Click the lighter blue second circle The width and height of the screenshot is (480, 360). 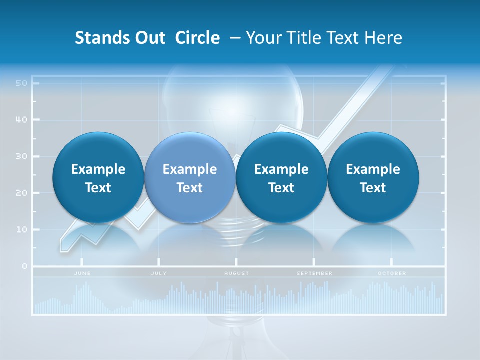[x=190, y=178]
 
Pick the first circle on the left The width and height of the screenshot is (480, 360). [x=98, y=178]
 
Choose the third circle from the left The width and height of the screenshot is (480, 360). [x=281, y=178]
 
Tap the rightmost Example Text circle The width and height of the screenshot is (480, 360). [x=373, y=178]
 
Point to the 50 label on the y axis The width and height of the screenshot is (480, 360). [x=21, y=83]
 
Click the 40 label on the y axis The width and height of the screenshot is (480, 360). [x=21, y=120]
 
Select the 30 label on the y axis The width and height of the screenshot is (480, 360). [x=21, y=156]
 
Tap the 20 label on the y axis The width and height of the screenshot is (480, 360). [x=21, y=193]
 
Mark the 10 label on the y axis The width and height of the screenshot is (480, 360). [x=21, y=229]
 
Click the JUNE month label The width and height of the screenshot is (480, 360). [x=82, y=273]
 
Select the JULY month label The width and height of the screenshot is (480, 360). [x=159, y=273]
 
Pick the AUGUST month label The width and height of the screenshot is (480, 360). [x=236, y=273]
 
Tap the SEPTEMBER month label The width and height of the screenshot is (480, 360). [x=314, y=273]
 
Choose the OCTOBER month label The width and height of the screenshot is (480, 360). [x=392, y=273]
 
